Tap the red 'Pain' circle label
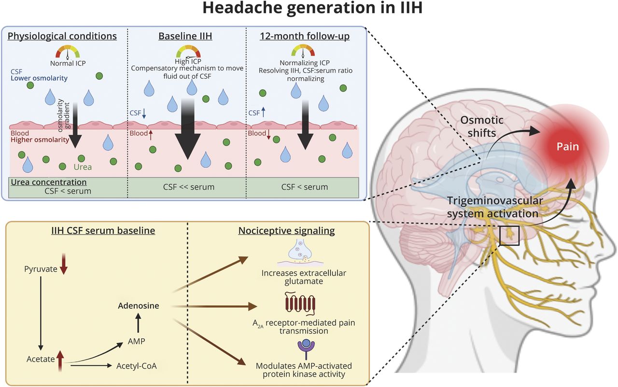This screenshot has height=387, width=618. pyautogui.click(x=568, y=146)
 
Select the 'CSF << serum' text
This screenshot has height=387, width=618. pyautogui.click(x=187, y=187)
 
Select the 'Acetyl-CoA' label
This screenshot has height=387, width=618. pyautogui.click(x=137, y=366)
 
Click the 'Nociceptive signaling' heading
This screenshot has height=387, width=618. pyautogui.click(x=286, y=231)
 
